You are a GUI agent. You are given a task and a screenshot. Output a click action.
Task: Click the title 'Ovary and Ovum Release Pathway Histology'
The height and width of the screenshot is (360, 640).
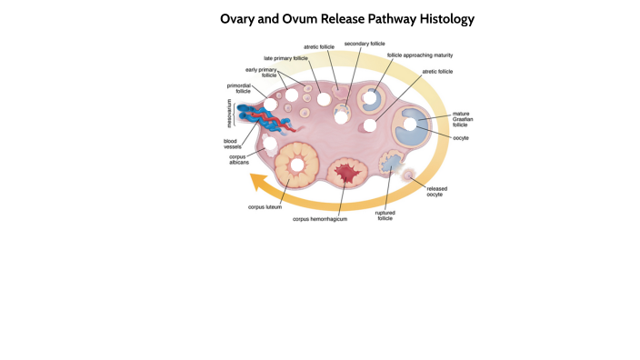[347, 18]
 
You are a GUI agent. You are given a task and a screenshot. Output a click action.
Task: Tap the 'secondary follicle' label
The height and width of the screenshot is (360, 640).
[364, 43]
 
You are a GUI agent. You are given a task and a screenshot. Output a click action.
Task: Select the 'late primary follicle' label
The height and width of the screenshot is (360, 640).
[285, 57]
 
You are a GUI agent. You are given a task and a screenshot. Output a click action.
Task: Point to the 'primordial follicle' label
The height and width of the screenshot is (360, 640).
[239, 88]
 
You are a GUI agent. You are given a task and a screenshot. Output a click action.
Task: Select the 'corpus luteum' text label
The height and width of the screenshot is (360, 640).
[265, 207]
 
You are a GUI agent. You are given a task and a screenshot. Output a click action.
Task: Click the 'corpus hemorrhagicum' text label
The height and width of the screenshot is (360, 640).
[319, 219]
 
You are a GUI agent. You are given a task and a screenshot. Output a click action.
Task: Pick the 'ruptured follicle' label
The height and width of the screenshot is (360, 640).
[385, 215]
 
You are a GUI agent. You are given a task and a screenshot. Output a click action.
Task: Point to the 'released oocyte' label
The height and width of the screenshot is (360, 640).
[436, 191]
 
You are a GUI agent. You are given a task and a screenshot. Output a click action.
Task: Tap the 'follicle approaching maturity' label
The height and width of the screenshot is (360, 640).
[419, 55]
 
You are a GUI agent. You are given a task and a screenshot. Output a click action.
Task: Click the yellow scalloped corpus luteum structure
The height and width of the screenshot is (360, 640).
[296, 164]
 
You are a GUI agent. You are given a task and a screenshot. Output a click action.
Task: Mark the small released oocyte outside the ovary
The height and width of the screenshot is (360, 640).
[409, 175]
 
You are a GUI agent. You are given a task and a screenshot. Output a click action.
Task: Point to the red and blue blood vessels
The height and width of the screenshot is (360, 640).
[259, 116]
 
